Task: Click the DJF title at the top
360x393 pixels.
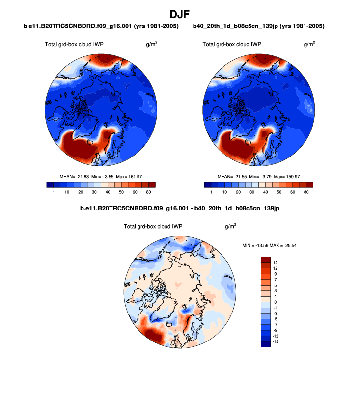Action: (180, 13)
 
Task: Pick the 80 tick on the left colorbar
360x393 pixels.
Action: (148, 192)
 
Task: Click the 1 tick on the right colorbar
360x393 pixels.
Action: (211, 192)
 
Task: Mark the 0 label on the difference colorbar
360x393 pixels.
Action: (275, 302)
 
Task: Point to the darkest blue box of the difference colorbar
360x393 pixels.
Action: (265, 344)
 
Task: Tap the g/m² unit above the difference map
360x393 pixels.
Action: (230, 226)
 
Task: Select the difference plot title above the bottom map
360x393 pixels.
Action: (180, 209)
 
